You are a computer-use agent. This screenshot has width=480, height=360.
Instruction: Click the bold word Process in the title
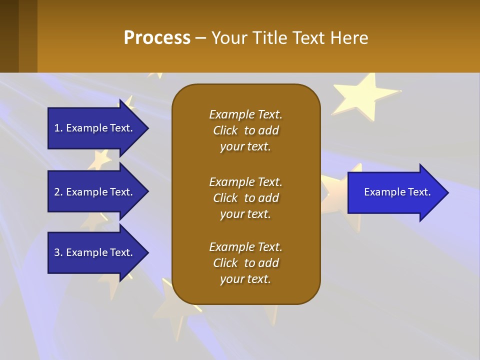157,38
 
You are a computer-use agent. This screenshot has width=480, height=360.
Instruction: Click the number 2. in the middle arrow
58,192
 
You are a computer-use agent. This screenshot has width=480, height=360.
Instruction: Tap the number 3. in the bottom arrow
58,252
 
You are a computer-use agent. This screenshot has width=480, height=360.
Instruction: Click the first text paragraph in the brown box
245,130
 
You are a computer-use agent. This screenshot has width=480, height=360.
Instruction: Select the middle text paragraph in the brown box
245,198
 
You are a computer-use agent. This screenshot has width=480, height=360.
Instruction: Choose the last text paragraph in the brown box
245,263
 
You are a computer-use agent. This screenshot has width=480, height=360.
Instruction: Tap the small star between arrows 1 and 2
100,159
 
